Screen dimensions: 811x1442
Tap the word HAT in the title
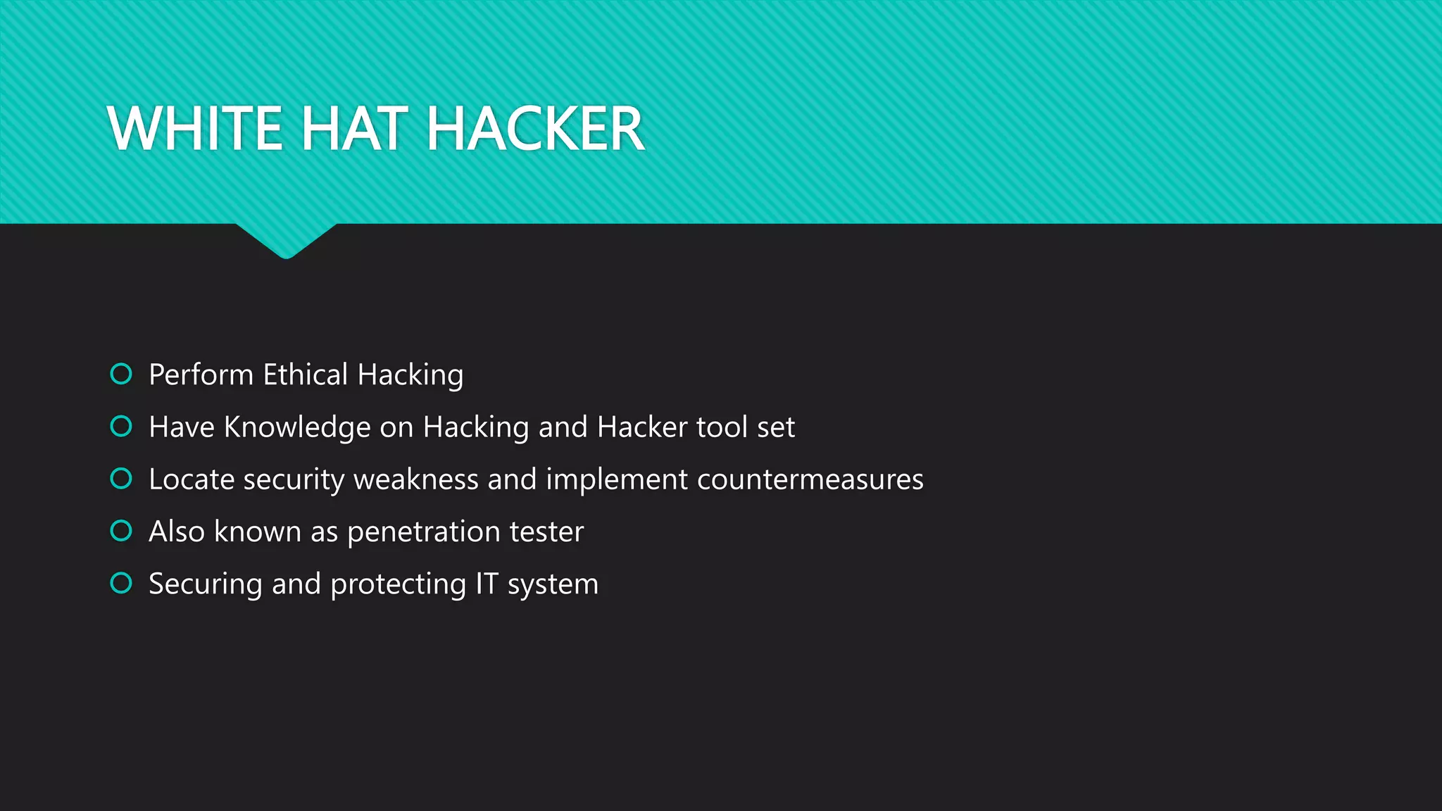(354, 128)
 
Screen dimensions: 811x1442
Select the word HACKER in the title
(535, 128)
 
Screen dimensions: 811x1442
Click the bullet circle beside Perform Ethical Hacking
(121, 374)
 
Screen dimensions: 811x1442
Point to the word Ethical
(305, 375)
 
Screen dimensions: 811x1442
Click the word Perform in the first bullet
(201, 375)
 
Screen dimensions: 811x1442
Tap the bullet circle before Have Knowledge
(121, 426)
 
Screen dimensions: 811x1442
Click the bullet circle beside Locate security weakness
(121, 479)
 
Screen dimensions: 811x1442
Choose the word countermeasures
(810, 479)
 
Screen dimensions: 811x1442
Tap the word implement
(617, 479)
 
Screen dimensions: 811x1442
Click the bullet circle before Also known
(121, 531)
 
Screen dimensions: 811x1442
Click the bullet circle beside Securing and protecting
(121, 583)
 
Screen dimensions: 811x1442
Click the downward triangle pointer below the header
(286, 239)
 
